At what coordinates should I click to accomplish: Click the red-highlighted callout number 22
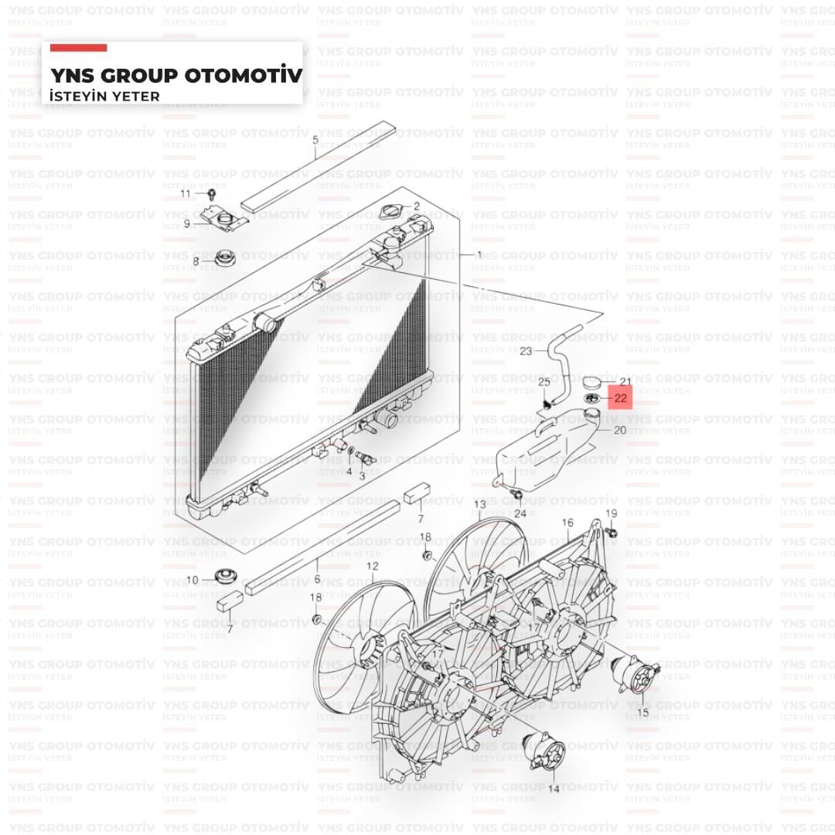[x=620, y=398]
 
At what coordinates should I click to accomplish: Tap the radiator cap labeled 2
[x=392, y=211]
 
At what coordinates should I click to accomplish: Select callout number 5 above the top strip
[x=315, y=141]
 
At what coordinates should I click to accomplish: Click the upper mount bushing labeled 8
[x=225, y=257]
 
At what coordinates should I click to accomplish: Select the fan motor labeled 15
[x=634, y=674]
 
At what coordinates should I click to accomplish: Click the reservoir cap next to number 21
[x=593, y=383]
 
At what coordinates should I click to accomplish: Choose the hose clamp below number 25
[x=547, y=403]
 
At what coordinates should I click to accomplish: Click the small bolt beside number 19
[x=612, y=532]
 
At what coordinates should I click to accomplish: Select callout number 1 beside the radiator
[x=479, y=254]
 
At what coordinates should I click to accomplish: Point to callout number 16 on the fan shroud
[x=567, y=523]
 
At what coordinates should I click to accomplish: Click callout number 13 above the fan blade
[x=479, y=505]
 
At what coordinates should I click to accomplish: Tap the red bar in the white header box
[x=78, y=48]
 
